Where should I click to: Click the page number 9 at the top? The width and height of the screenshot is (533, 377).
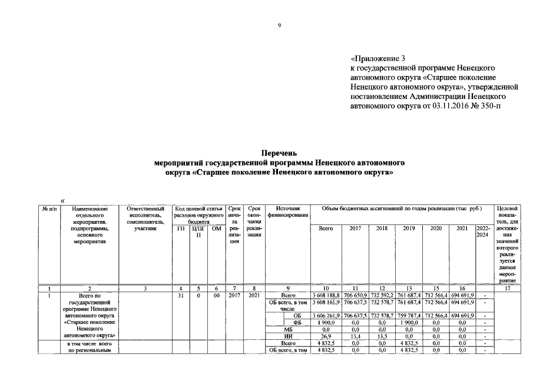point(280,25)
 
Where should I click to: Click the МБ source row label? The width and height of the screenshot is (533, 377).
point(288,329)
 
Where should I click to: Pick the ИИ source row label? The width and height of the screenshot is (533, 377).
point(288,336)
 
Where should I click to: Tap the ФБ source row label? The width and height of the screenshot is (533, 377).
point(296,322)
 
